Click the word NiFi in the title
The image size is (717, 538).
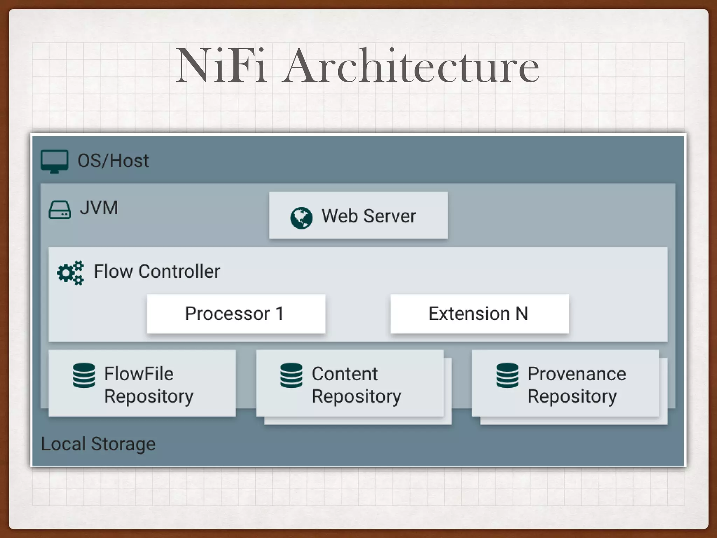pyautogui.click(x=221, y=67)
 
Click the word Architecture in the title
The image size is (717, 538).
pyautogui.click(x=411, y=67)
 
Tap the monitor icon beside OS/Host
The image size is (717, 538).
pyautogui.click(x=54, y=161)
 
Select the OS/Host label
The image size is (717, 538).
pyautogui.click(x=113, y=161)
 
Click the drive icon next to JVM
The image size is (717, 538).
pyautogui.click(x=60, y=209)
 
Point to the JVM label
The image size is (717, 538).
pyautogui.click(x=99, y=208)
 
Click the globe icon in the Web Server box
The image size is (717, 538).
pyautogui.click(x=301, y=218)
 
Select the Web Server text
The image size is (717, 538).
pyautogui.click(x=369, y=216)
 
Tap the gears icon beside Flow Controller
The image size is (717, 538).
pyautogui.click(x=71, y=273)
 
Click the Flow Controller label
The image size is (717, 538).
pyautogui.click(x=157, y=271)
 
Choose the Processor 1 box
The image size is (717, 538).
pyautogui.click(x=236, y=313)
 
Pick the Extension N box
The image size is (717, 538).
pyautogui.click(x=479, y=313)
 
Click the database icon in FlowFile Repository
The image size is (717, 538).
pyautogui.click(x=84, y=375)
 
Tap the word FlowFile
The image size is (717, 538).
pyautogui.click(x=139, y=374)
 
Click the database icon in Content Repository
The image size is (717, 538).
pyautogui.click(x=291, y=375)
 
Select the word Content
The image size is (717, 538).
pyautogui.click(x=344, y=374)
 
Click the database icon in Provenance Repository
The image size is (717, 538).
pyautogui.click(x=507, y=375)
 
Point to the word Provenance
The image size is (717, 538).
pyautogui.click(x=577, y=374)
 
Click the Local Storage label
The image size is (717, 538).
pyautogui.click(x=98, y=444)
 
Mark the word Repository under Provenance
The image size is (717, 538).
pyautogui.click(x=572, y=397)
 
